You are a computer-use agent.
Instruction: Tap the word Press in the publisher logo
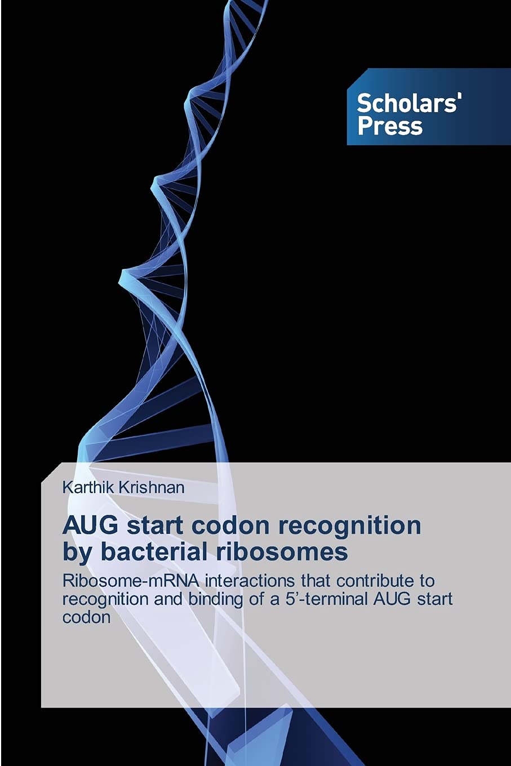tap(390, 126)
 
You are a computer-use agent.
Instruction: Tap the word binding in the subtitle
tap(217, 598)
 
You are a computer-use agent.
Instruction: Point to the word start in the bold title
tap(153, 525)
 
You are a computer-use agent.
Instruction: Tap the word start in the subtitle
tap(436, 598)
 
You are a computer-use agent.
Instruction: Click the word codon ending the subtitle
tap(86, 617)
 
